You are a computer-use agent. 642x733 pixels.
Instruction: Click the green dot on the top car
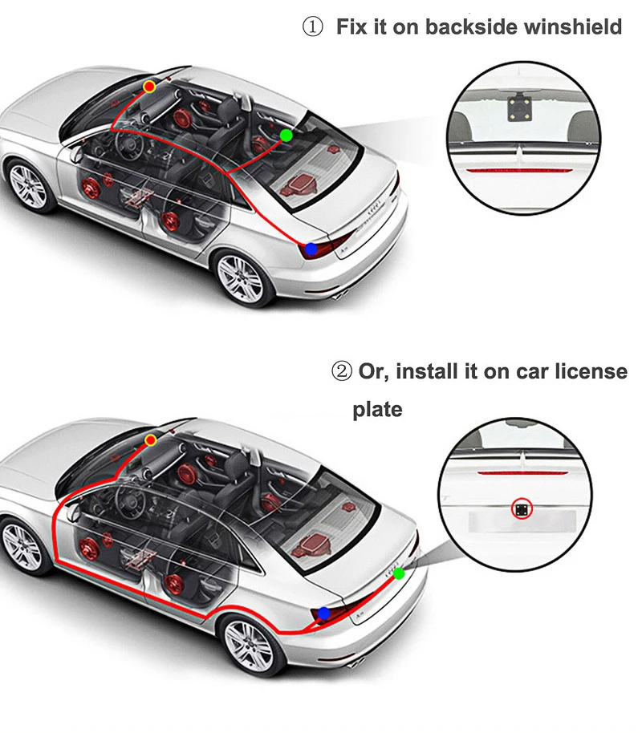[x=286, y=136]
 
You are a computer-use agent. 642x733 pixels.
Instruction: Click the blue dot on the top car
[x=311, y=249]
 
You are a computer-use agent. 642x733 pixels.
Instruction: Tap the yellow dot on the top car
[x=148, y=85]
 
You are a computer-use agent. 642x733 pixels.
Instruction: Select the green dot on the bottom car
[x=399, y=573]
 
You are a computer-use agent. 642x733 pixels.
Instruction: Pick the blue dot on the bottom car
[x=323, y=614]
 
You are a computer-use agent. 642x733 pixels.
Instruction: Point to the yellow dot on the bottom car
[x=151, y=439]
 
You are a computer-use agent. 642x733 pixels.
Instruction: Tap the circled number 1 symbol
[x=311, y=27]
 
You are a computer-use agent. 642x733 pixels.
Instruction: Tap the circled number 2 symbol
[x=342, y=372]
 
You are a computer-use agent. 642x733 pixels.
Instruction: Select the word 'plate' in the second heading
[x=377, y=409]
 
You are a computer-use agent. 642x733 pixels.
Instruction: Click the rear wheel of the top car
[x=240, y=278]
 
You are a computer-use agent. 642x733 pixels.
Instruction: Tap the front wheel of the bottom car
[x=22, y=546]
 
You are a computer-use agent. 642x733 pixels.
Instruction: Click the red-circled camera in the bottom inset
[x=522, y=508]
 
